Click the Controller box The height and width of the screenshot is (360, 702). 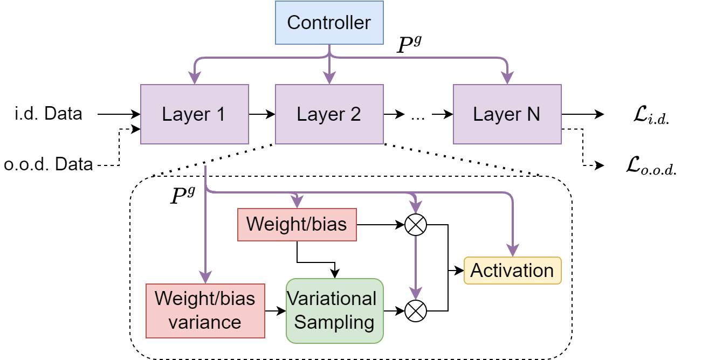[x=329, y=23]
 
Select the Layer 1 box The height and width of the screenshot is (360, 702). [x=194, y=114]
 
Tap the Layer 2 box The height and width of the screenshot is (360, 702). [x=329, y=114]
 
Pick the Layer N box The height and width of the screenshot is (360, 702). [x=507, y=114]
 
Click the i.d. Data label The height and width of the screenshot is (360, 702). [x=49, y=114]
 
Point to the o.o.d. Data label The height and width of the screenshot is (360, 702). [x=49, y=164]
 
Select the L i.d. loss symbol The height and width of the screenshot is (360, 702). [x=651, y=115]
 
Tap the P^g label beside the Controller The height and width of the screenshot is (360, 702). [x=408, y=45]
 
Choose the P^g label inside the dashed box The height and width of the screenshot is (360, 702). [x=182, y=196]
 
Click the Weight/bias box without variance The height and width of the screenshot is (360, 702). [x=297, y=224]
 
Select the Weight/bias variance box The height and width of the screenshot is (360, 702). [x=205, y=310]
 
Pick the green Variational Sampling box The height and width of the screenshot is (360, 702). [x=334, y=310]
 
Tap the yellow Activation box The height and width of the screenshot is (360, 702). [x=512, y=270]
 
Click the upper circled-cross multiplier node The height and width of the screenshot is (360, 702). [x=415, y=225]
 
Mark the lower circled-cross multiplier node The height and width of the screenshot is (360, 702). [x=415, y=311]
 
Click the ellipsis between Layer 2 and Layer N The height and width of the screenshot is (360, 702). [x=417, y=115]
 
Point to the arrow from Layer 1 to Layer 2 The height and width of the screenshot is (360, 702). [x=262, y=114]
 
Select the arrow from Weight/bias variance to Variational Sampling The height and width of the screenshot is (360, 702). [x=276, y=311]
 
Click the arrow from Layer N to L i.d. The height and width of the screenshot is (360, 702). [x=582, y=114]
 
